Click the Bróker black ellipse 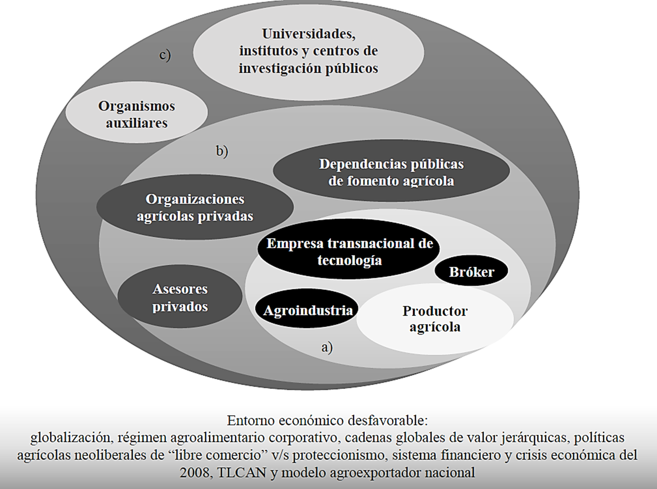coord(471,271)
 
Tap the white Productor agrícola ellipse coord(435,319)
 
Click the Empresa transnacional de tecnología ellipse coord(349,251)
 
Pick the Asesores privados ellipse coord(180,297)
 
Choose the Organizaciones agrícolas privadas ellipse coord(195,207)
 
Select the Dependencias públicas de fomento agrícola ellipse coord(391,172)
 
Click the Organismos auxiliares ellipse coord(136,114)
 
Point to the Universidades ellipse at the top coord(308,51)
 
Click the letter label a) coord(327,347)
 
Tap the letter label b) coord(222,151)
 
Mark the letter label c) coord(165,55)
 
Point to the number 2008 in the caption coord(194,472)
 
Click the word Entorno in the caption coord(250,420)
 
